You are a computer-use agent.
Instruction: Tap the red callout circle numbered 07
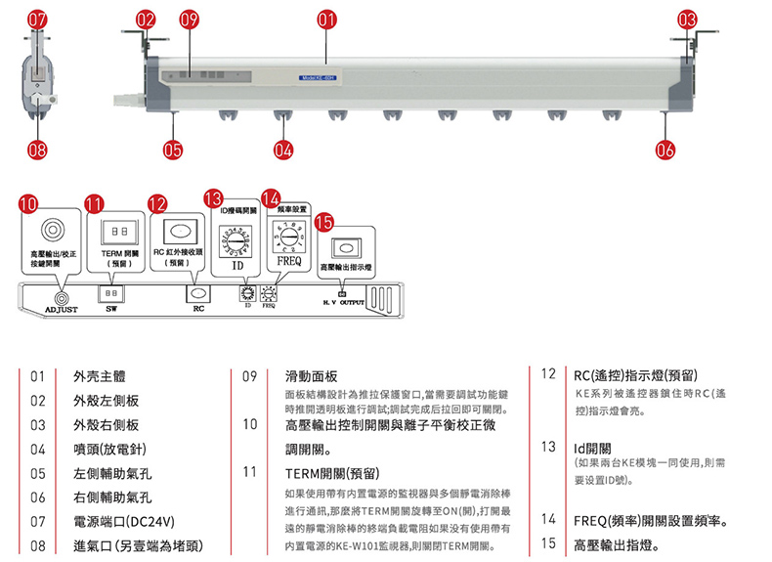(x=37, y=20)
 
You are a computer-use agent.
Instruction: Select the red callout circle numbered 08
(x=37, y=150)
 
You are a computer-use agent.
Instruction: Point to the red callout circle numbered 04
(x=284, y=150)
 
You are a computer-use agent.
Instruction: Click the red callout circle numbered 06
(x=665, y=150)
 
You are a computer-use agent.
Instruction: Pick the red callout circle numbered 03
(x=688, y=20)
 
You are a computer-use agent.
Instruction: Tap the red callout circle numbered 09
(x=190, y=20)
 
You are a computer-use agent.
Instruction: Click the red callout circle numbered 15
(x=322, y=222)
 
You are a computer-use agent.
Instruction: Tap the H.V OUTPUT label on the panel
(x=342, y=303)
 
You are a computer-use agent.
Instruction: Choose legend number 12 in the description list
(x=548, y=374)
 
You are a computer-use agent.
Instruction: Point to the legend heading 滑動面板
(x=310, y=375)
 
